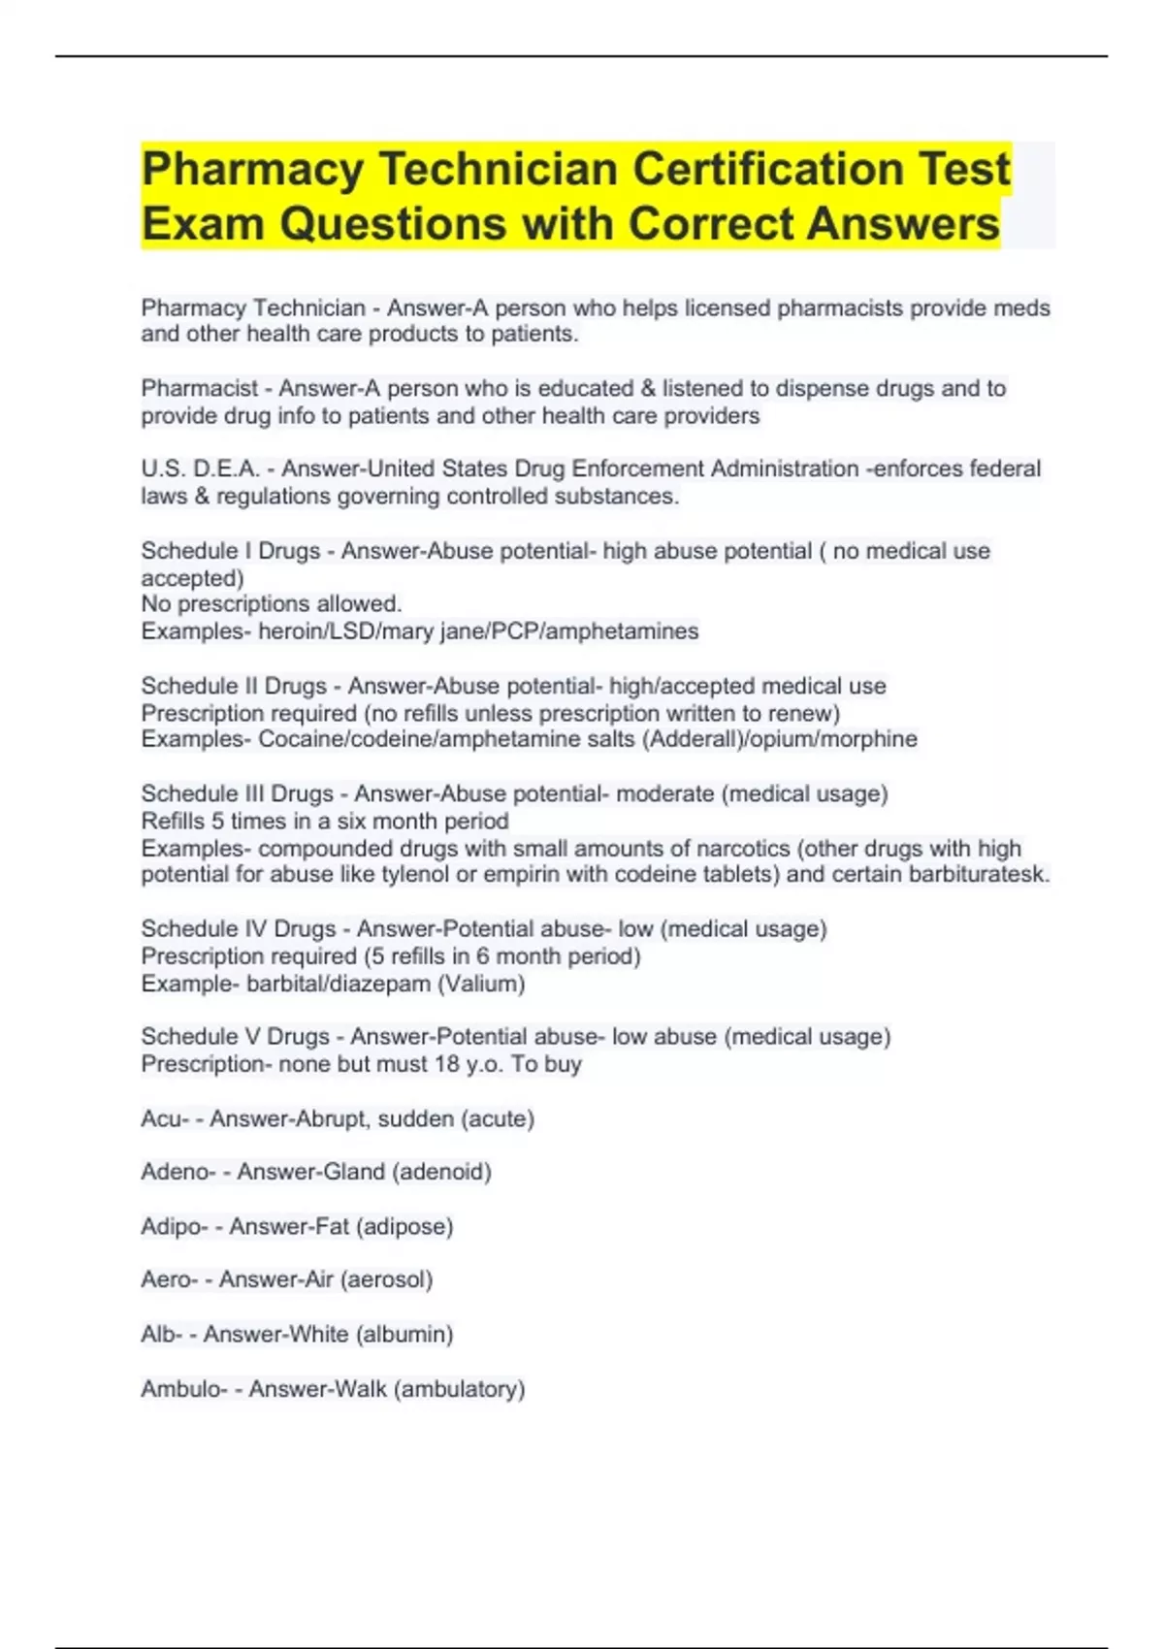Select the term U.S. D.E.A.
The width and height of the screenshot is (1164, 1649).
click(x=200, y=469)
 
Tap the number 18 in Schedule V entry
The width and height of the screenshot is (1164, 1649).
click(x=446, y=1064)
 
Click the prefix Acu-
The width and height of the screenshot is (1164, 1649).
click(x=165, y=1118)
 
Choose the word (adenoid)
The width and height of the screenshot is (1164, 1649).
click(x=441, y=1172)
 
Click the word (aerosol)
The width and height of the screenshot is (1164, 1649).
click(x=386, y=1279)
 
